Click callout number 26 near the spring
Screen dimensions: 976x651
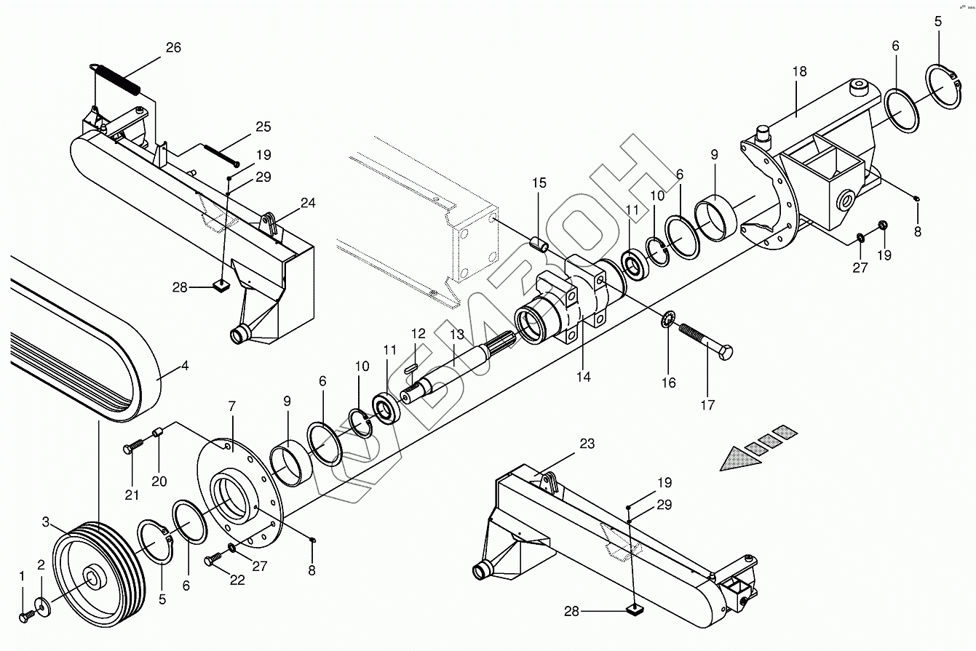173,47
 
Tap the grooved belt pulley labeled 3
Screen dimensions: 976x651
98,574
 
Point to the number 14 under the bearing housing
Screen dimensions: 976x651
584,377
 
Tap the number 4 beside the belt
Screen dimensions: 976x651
185,366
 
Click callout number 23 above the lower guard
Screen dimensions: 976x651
587,443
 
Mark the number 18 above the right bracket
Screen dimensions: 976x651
800,71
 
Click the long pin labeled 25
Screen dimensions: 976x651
221,156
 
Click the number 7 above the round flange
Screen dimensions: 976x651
231,407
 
